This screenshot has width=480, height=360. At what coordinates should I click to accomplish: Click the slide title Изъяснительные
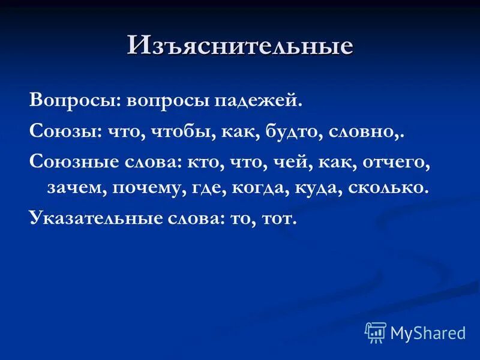tap(239, 46)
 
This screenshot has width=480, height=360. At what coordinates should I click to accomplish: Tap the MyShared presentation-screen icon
tap(376, 332)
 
